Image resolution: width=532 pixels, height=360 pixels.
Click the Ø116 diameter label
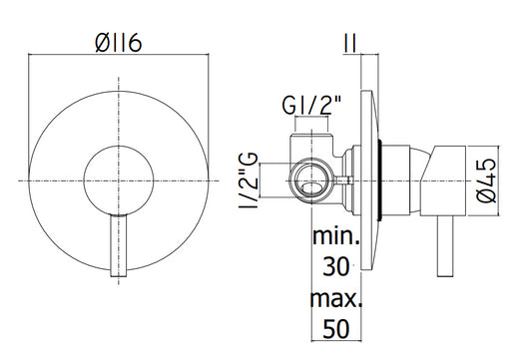(x=118, y=43)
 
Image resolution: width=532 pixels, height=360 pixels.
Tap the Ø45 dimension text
(x=486, y=180)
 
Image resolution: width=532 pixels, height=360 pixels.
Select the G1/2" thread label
(x=311, y=105)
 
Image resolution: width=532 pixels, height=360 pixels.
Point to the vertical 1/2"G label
(x=250, y=180)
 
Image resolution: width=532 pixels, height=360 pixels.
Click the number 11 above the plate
(x=350, y=43)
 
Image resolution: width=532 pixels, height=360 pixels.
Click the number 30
(x=336, y=266)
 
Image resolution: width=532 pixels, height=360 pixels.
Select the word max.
(x=336, y=298)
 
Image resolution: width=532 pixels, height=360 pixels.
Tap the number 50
(x=336, y=329)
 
